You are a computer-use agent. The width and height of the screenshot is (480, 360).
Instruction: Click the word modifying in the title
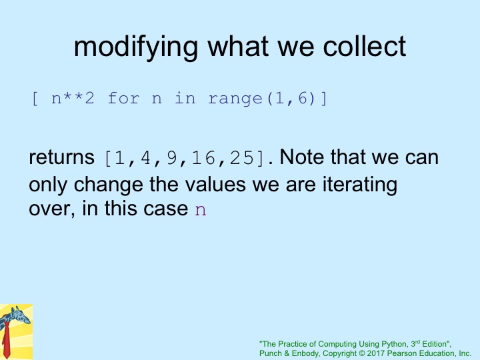(136, 47)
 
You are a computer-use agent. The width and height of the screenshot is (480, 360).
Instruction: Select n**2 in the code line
(73, 98)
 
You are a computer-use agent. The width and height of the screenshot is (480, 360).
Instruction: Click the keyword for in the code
(123, 98)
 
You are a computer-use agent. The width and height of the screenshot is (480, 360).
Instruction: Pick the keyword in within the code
(185, 98)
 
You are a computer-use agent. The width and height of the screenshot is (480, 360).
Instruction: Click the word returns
(61, 157)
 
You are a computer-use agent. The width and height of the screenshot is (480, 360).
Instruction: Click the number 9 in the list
(172, 158)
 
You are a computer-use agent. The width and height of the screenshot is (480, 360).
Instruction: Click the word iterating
(360, 185)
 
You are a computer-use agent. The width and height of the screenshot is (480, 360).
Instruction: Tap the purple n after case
(201, 210)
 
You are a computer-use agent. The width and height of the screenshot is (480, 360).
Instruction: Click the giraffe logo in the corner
(16, 332)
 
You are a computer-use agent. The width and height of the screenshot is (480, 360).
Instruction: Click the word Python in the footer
(394, 344)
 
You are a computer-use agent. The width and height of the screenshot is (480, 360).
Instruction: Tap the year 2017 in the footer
(376, 353)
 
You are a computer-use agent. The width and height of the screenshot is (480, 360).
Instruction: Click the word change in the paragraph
(109, 185)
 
